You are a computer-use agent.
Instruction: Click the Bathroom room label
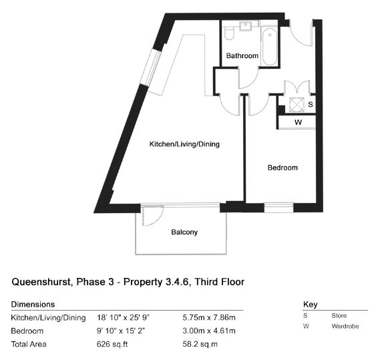[242, 55]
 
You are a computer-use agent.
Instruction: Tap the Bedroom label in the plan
[282, 168]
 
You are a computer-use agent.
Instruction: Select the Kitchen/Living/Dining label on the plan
[184, 144]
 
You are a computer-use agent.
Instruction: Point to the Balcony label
[184, 232]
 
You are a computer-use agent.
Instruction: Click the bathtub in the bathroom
[270, 47]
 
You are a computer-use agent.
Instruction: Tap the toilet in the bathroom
[229, 33]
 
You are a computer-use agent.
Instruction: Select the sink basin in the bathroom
[246, 26]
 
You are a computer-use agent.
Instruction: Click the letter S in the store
[311, 104]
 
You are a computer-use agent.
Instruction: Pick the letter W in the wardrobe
[299, 122]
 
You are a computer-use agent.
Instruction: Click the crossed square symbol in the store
[297, 105]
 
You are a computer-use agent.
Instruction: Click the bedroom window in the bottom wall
[278, 208]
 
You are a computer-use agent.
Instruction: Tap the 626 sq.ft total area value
[112, 344]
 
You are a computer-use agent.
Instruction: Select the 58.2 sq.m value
[200, 344]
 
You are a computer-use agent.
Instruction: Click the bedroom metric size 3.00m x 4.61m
[209, 331]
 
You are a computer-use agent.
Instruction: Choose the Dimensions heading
[33, 305]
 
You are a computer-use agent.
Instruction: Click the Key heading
[310, 305]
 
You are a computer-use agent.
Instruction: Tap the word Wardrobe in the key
[345, 327]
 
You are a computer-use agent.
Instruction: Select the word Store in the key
[339, 316]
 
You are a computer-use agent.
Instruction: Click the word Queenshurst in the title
[41, 282]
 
